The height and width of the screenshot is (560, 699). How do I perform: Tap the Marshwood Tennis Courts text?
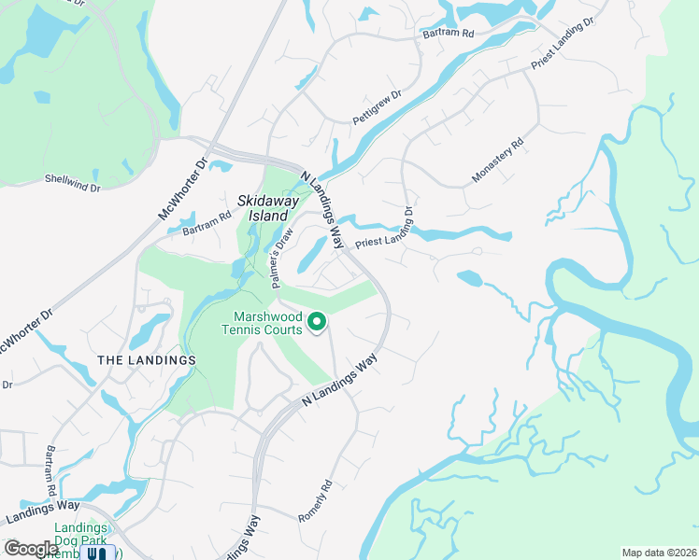[262, 323]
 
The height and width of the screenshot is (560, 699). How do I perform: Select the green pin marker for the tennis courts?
[317, 323]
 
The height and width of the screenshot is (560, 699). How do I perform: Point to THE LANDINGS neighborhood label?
[147, 360]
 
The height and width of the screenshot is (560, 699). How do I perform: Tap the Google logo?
[31, 549]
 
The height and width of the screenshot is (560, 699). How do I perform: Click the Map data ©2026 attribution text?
[658, 553]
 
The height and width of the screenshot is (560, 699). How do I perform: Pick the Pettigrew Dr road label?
[377, 108]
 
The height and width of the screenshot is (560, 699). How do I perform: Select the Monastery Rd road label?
[498, 161]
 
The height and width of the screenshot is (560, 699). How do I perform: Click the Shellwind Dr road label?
[72, 181]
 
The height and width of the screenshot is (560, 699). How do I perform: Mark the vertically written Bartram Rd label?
[52, 471]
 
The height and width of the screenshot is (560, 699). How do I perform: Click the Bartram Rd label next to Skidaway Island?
[207, 224]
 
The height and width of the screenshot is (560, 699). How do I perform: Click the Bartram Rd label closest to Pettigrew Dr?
[448, 33]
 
